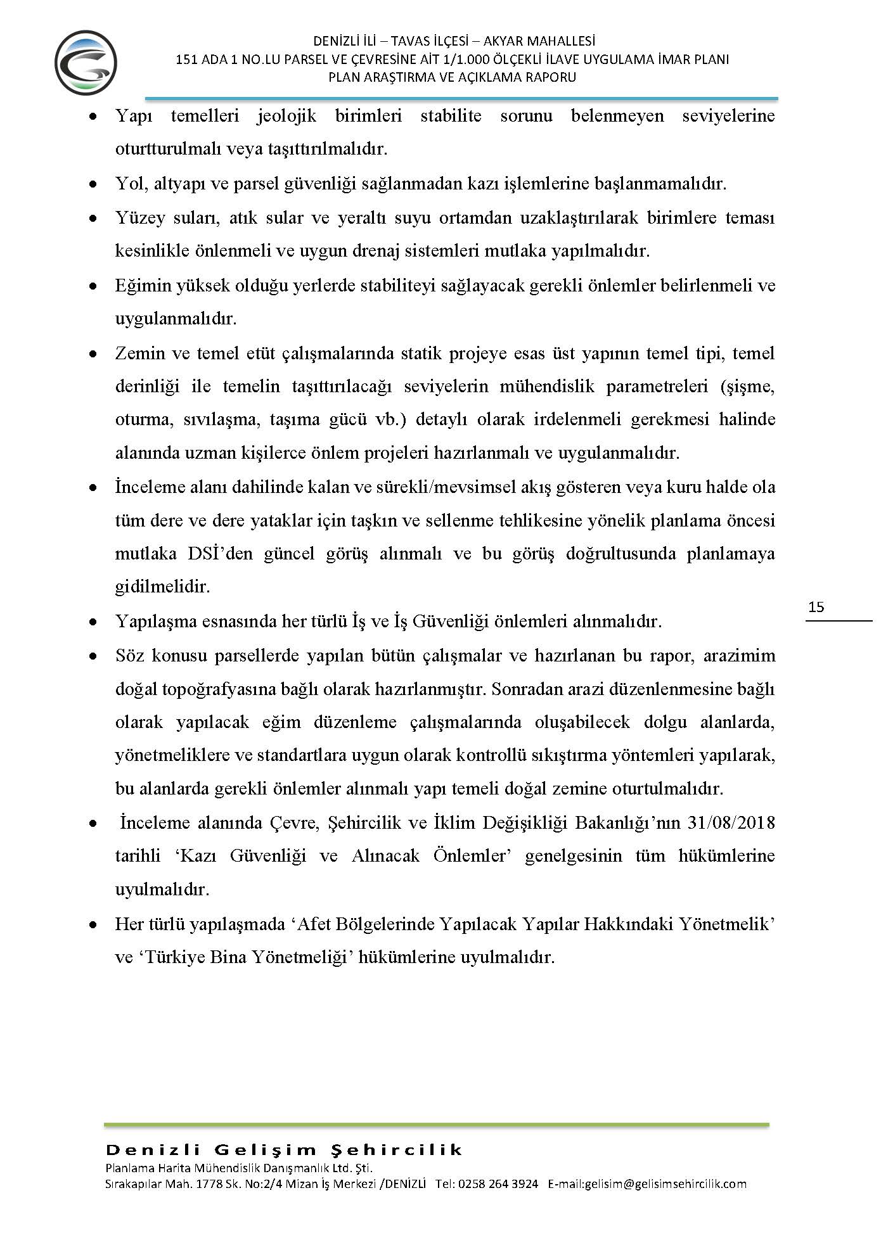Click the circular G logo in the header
[x=86, y=63]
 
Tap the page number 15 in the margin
[x=816, y=607]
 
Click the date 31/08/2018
[x=731, y=822]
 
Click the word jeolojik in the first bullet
[x=286, y=116]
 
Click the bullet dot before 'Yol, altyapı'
[x=93, y=184]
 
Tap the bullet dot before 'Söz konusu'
[x=93, y=656]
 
